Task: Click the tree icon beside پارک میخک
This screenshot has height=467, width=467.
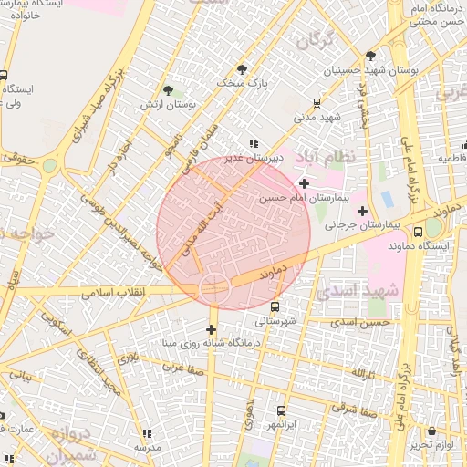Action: (x=242, y=68)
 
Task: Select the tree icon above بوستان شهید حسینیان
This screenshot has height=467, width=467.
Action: (x=370, y=56)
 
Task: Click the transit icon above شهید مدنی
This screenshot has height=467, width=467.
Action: (x=317, y=103)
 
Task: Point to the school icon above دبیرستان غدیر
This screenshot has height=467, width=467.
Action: (x=253, y=143)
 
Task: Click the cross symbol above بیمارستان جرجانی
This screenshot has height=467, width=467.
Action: (x=362, y=211)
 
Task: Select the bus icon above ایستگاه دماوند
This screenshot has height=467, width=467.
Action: (x=418, y=232)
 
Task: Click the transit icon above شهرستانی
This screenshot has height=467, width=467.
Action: (x=275, y=307)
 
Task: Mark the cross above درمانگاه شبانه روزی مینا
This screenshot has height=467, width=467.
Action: (x=212, y=329)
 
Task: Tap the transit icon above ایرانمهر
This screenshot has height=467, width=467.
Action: (x=281, y=411)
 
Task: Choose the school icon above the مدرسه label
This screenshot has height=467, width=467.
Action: (x=147, y=433)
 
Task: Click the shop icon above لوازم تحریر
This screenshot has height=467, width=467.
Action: (x=431, y=431)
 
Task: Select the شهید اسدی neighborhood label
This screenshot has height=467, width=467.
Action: (x=357, y=292)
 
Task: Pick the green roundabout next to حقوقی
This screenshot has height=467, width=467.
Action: (x=49, y=165)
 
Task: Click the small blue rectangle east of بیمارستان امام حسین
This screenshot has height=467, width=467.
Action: (x=387, y=198)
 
